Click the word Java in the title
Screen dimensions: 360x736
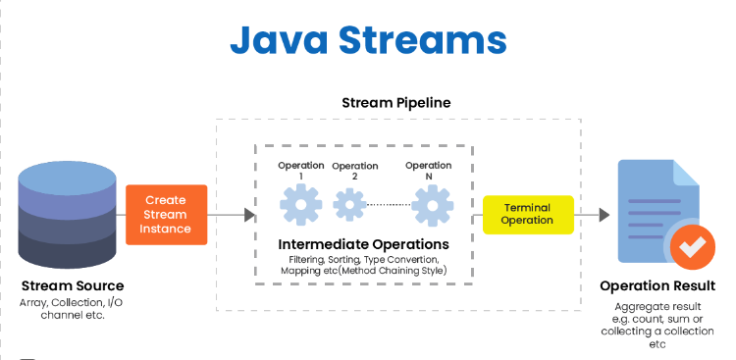point(278,39)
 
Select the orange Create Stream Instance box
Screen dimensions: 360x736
point(166,214)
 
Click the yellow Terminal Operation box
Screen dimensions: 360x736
point(527,214)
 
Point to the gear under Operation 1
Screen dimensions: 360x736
point(300,205)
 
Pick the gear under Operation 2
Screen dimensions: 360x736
point(349,205)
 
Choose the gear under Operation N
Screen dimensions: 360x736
point(431,205)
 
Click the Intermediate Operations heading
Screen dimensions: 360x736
point(364,243)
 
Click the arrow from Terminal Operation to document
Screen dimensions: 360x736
point(592,214)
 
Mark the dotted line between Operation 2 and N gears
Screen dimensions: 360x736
point(388,205)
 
